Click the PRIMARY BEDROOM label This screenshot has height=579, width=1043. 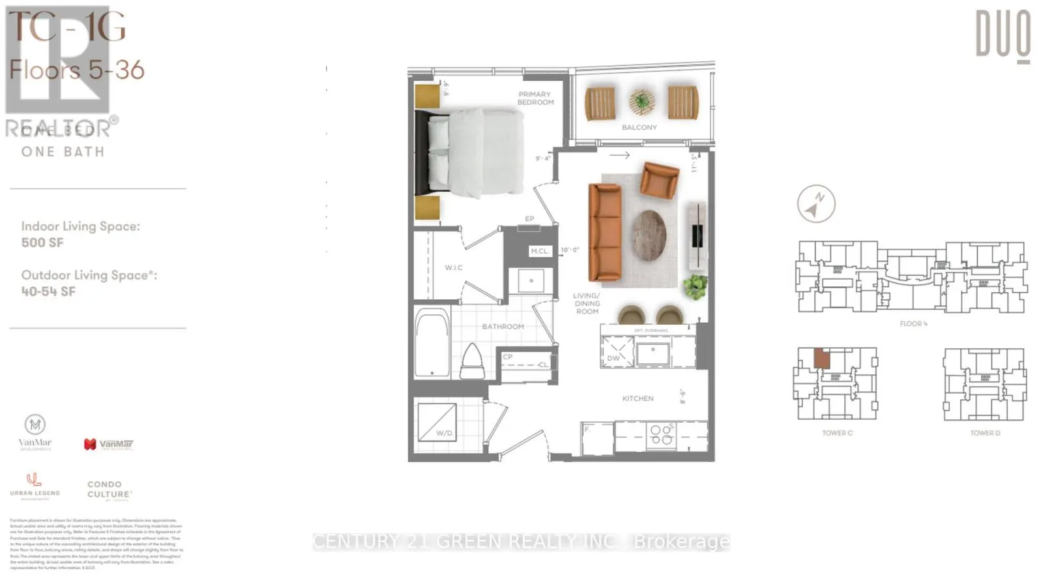535,98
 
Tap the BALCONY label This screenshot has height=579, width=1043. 639,127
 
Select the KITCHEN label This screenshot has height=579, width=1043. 638,398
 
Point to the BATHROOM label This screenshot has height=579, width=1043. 503,327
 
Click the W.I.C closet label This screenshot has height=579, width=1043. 454,268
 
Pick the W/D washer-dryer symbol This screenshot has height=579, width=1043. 437,422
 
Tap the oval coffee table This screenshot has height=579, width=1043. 649,235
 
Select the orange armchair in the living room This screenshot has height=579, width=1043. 659,179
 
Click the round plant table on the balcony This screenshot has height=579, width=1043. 642,101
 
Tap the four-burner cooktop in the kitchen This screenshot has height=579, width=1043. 661,435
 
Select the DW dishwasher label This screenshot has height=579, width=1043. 613,358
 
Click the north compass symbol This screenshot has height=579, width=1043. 815,204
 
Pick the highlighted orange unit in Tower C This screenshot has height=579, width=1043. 822,359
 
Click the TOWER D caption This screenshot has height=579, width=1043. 984,433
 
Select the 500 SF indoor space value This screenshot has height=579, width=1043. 42,243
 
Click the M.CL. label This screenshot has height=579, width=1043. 539,251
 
